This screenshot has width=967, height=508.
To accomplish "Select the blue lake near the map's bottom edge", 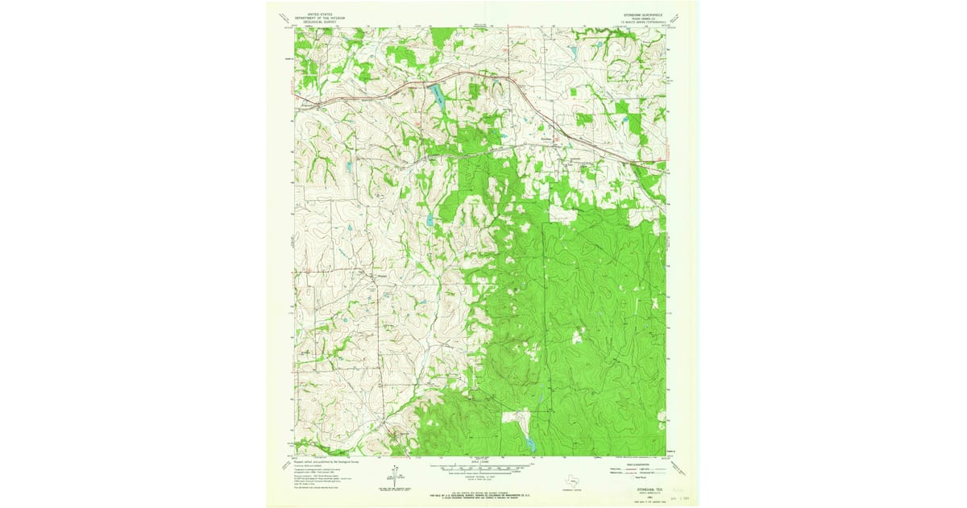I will click(x=528, y=442).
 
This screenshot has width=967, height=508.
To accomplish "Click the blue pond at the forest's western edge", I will click(x=430, y=219).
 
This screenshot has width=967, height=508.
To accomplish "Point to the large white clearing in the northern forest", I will click(x=563, y=213).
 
